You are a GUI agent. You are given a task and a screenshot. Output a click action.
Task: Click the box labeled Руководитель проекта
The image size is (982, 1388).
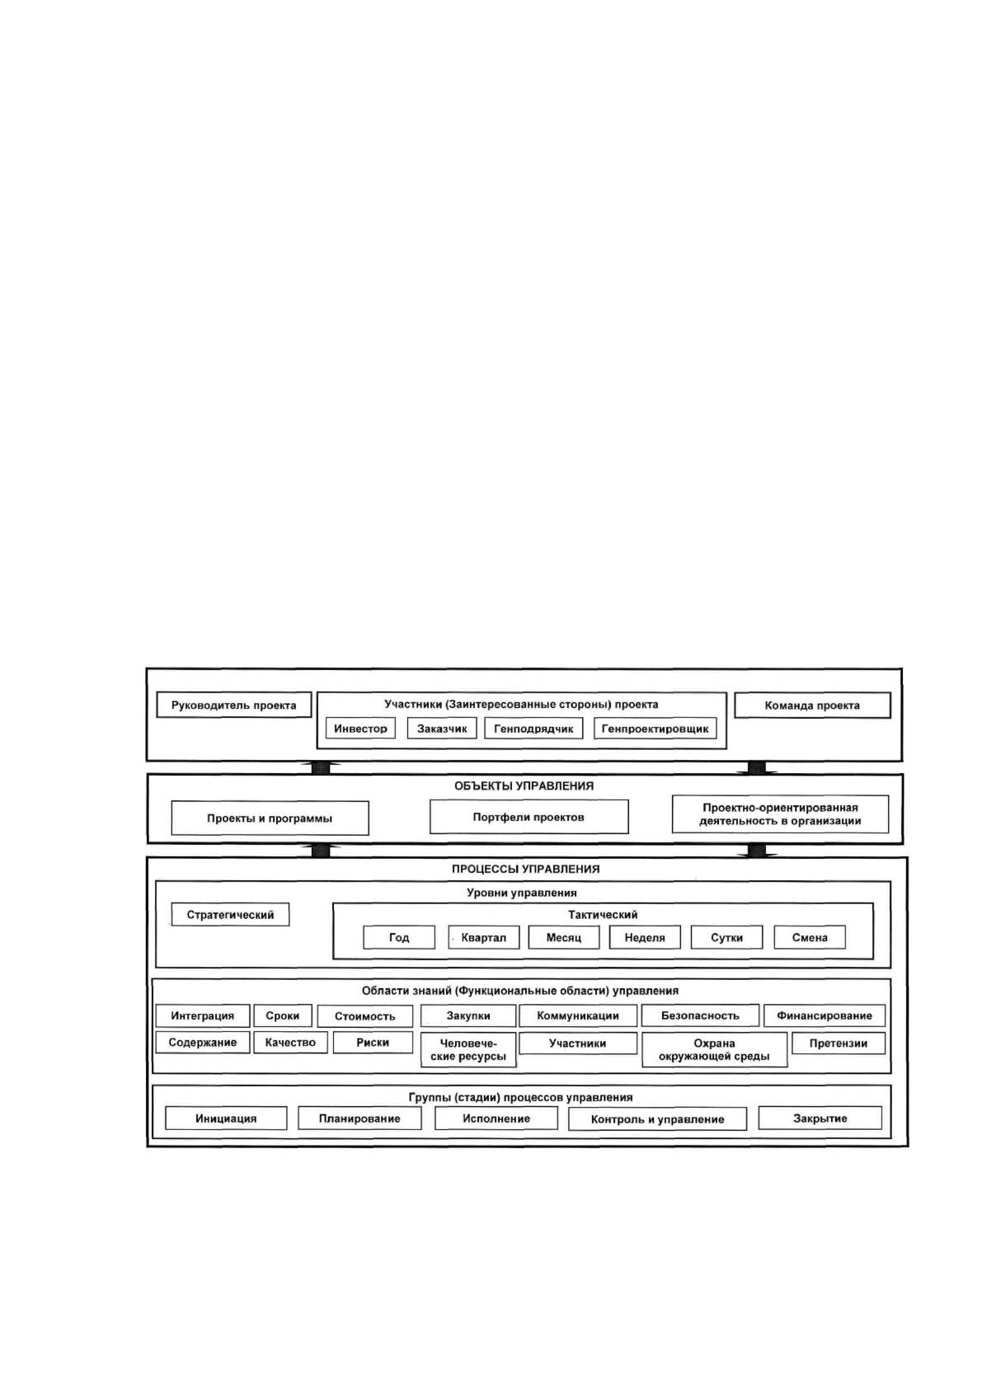tap(233, 706)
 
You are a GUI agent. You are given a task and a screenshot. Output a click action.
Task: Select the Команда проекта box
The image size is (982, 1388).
tap(812, 706)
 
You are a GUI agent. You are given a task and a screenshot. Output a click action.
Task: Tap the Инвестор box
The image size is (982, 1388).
tap(360, 728)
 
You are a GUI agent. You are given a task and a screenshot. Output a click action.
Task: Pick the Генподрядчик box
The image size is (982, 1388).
tap(533, 728)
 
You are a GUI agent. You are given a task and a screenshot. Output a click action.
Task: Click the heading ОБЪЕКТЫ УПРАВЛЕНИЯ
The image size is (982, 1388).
tap(524, 785)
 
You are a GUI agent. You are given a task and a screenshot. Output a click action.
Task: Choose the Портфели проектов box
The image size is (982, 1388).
tap(529, 817)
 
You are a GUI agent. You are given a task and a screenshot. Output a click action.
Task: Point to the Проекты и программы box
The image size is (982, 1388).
tap(270, 818)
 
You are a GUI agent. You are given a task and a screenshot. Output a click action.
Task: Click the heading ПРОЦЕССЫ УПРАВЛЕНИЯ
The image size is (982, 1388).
tap(526, 869)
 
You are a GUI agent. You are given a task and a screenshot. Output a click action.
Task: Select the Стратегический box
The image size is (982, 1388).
tap(230, 915)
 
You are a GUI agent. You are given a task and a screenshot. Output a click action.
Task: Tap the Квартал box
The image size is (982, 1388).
tap(483, 937)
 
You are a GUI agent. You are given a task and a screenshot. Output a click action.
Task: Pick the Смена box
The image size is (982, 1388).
tap(810, 937)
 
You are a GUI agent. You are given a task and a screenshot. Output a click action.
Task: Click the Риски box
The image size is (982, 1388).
tap(373, 1043)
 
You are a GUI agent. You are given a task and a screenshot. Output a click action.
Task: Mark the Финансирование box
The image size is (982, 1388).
tap(825, 1015)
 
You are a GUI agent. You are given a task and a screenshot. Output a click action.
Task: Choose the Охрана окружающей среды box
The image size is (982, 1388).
tap(714, 1050)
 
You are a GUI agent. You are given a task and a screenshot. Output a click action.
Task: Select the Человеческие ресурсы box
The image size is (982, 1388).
tap(468, 1050)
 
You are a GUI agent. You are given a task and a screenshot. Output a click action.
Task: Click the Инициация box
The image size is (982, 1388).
tap(226, 1118)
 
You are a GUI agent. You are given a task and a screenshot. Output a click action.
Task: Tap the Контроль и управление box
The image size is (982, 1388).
tap(657, 1119)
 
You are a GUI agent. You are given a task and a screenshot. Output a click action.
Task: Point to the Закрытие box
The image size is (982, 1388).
tap(820, 1118)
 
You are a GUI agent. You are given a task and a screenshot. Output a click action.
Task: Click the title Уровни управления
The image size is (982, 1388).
tap(522, 893)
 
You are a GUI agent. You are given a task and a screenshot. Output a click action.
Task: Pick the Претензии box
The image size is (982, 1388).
tap(839, 1043)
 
